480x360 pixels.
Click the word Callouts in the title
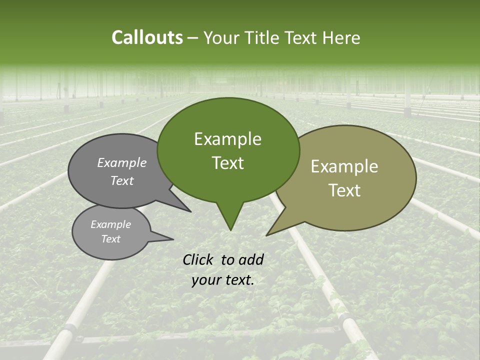coord(147,37)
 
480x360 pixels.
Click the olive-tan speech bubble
coord(380,150)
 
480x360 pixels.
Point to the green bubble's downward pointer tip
coord(230,229)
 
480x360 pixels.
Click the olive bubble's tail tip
coord(267,234)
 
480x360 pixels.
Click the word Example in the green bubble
coord(227,139)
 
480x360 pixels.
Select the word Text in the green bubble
coord(227,163)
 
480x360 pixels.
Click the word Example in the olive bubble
coord(344,166)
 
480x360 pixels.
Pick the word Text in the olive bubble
coord(344,190)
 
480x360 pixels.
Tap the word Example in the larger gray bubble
coord(121,162)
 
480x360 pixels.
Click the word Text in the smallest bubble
coord(110,239)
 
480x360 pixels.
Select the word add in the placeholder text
coord(251,259)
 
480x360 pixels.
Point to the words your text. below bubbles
coord(223,280)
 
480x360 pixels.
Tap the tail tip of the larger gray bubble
coord(190,211)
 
